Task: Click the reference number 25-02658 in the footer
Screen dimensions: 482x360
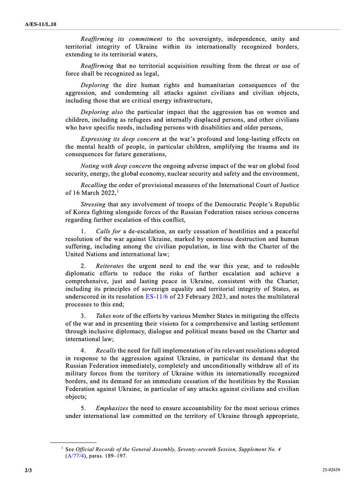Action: click(332, 469)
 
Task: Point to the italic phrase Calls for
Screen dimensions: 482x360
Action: click(108, 231)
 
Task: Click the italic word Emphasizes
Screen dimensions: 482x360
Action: click(112, 407)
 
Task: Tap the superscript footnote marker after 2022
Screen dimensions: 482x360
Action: click(118, 191)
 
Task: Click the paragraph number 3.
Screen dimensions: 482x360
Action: click(83, 315)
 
